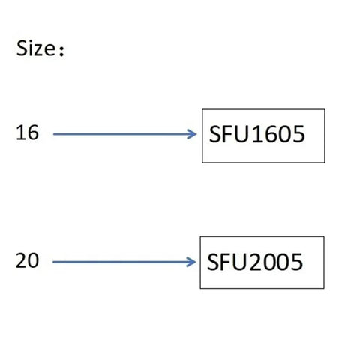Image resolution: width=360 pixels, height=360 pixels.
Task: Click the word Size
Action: (x=36, y=48)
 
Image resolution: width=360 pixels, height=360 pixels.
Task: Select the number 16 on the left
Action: (x=27, y=133)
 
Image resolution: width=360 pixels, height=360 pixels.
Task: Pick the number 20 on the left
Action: (x=27, y=260)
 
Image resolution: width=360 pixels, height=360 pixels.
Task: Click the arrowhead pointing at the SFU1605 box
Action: (x=192, y=134)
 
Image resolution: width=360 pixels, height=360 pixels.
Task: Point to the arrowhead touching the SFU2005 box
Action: (x=191, y=262)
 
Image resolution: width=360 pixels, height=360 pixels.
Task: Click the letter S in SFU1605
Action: (x=214, y=134)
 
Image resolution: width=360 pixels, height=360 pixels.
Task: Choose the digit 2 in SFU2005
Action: (x=255, y=262)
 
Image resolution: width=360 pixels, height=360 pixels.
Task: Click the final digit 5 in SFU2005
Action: (x=297, y=262)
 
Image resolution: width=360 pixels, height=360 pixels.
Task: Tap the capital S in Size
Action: (x=22, y=48)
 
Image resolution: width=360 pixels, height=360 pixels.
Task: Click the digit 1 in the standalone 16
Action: (x=20, y=132)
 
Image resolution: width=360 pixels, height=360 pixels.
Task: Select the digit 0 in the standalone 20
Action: (x=34, y=260)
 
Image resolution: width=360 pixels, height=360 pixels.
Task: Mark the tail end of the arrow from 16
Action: (x=53, y=134)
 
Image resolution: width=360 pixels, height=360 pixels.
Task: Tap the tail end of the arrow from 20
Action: (x=53, y=262)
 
